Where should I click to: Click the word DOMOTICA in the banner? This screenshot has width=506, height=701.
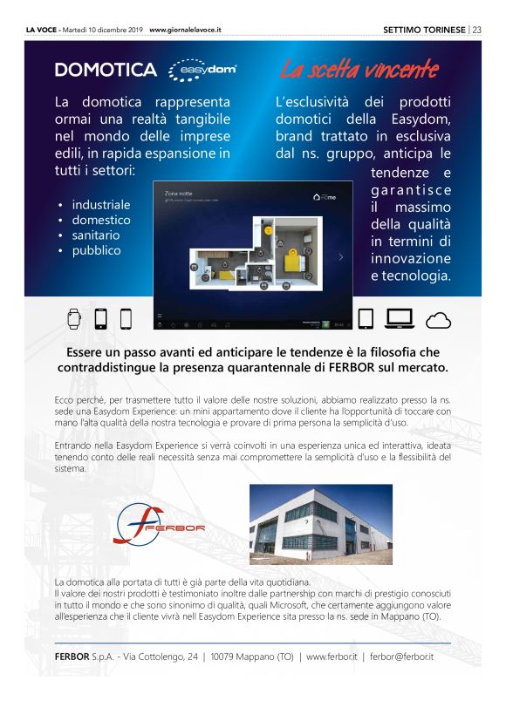105,70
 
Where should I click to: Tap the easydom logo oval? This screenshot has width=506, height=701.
201,70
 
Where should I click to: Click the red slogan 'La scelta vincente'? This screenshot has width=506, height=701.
359,70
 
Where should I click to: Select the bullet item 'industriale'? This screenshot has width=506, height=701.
100,204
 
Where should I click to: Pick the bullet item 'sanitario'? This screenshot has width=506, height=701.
96,235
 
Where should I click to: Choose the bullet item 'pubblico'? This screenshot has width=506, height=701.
96,251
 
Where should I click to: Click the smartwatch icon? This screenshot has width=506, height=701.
74,318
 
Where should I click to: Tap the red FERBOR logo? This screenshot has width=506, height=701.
161,525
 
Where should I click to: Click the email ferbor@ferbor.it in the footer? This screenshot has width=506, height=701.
402,656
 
